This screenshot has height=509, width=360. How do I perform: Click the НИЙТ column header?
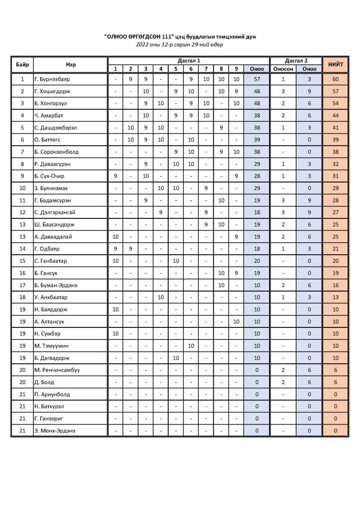[336, 65]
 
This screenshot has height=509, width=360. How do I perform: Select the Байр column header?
[22, 65]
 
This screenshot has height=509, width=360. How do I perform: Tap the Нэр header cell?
[70, 65]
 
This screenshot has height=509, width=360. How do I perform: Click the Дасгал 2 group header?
[296, 60]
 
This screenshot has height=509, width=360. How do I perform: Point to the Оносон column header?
[283, 69]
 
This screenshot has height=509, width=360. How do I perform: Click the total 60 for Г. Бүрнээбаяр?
[336, 79]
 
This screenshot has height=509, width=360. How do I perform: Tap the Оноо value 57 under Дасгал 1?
[257, 79]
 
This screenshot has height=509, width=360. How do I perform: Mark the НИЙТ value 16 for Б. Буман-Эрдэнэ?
[336, 285]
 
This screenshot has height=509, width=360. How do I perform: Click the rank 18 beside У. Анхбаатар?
[22, 297]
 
